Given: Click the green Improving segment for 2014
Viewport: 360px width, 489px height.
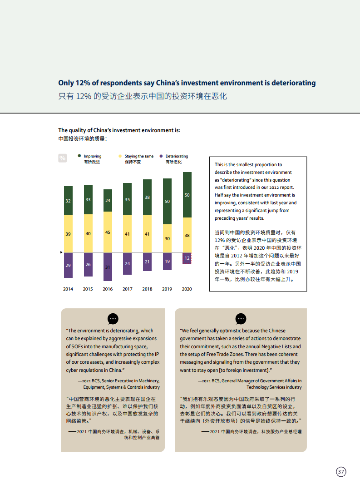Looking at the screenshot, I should click(x=68, y=200).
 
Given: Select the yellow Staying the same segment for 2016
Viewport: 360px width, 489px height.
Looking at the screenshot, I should click(x=108, y=232).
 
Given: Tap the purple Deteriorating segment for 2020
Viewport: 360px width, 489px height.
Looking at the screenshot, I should click(x=187, y=258).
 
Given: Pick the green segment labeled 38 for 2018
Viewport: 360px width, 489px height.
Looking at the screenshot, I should click(x=147, y=197).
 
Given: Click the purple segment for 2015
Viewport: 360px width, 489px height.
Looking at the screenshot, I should click(x=88, y=265).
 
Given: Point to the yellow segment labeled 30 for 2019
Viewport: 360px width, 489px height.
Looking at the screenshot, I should click(x=167, y=238).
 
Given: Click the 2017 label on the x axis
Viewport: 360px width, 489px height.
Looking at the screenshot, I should click(x=128, y=289).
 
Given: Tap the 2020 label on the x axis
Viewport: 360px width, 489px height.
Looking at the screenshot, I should click(x=187, y=289).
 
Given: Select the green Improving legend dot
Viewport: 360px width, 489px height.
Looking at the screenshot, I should click(x=80, y=156).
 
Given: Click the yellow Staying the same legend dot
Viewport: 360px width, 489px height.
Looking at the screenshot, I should click(x=120, y=156).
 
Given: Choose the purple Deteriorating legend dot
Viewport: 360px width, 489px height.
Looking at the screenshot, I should click(x=161, y=156).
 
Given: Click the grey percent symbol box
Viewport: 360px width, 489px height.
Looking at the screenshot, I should click(x=63, y=158).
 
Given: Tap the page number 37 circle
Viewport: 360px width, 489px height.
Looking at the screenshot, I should click(x=341, y=472).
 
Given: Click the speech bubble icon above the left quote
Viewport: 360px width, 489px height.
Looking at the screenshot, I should click(x=113, y=318).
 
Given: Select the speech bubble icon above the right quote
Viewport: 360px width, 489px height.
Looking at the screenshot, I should click(x=241, y=318).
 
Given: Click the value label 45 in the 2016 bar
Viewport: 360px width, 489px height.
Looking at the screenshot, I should click(x=108, y=232).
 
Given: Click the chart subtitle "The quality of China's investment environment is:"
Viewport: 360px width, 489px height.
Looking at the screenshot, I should click(x=119, y=130).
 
